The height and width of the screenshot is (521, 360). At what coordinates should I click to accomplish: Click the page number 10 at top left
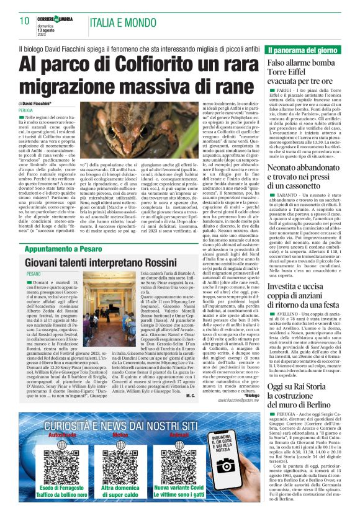click(25, 20)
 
